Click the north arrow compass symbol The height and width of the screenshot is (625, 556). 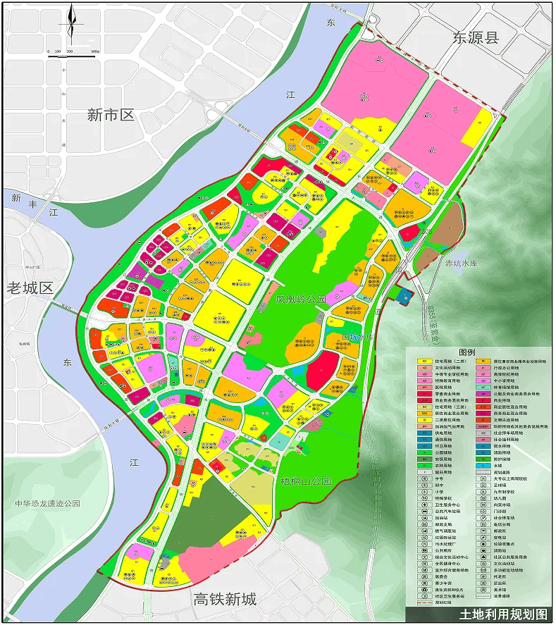point(70,25)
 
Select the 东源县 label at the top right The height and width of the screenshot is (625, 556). point(476,37)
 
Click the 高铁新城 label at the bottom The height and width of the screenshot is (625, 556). point(225,600)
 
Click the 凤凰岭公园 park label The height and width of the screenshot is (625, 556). point(301,300)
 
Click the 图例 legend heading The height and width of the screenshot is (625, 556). point(467,352)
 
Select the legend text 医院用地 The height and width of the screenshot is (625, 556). point(443,388)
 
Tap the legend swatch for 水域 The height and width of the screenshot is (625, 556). point(483,466)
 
